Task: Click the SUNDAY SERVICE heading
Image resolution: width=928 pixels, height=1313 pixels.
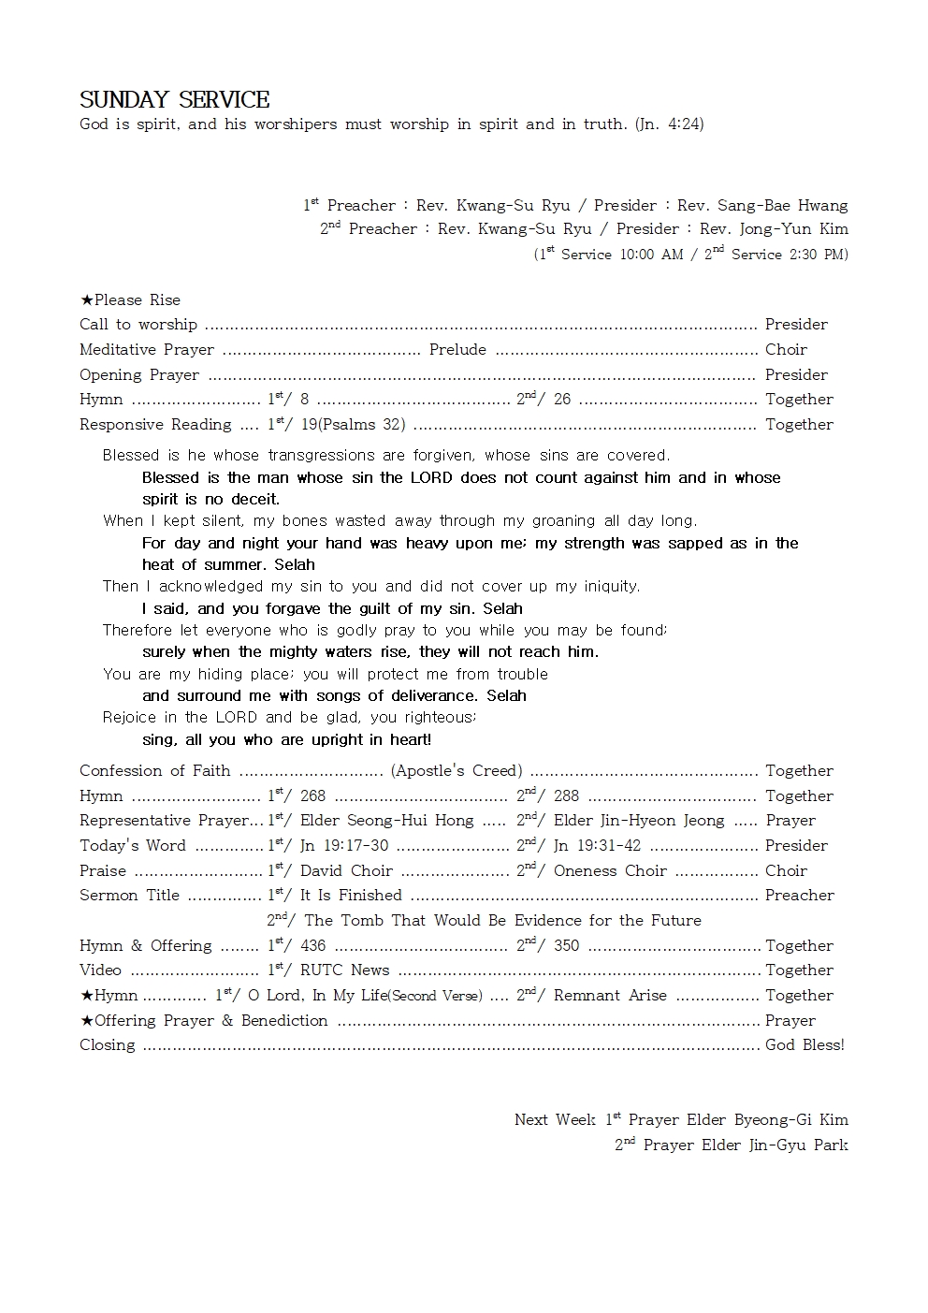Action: (x=175, y=100)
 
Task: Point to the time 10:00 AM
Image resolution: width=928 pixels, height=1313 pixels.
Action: (x=651, y=255)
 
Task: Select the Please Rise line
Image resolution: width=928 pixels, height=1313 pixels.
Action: (x=131, y=300)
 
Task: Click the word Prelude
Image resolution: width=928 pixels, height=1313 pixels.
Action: (x=457, y=350)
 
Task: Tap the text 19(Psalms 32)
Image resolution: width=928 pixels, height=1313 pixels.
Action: (x=353, y=425)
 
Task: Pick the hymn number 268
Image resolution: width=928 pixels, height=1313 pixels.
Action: (x=312, y=796)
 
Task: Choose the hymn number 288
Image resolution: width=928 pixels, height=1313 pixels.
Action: (x=566, y=796)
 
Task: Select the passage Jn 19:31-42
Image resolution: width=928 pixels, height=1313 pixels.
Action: (x=597, y=846)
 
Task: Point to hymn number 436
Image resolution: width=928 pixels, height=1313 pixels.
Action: (x=312, y=946)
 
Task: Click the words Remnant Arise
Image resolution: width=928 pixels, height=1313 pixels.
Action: (x=610, y=996)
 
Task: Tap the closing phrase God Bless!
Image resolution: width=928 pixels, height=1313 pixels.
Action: (x=805, y=1045)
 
